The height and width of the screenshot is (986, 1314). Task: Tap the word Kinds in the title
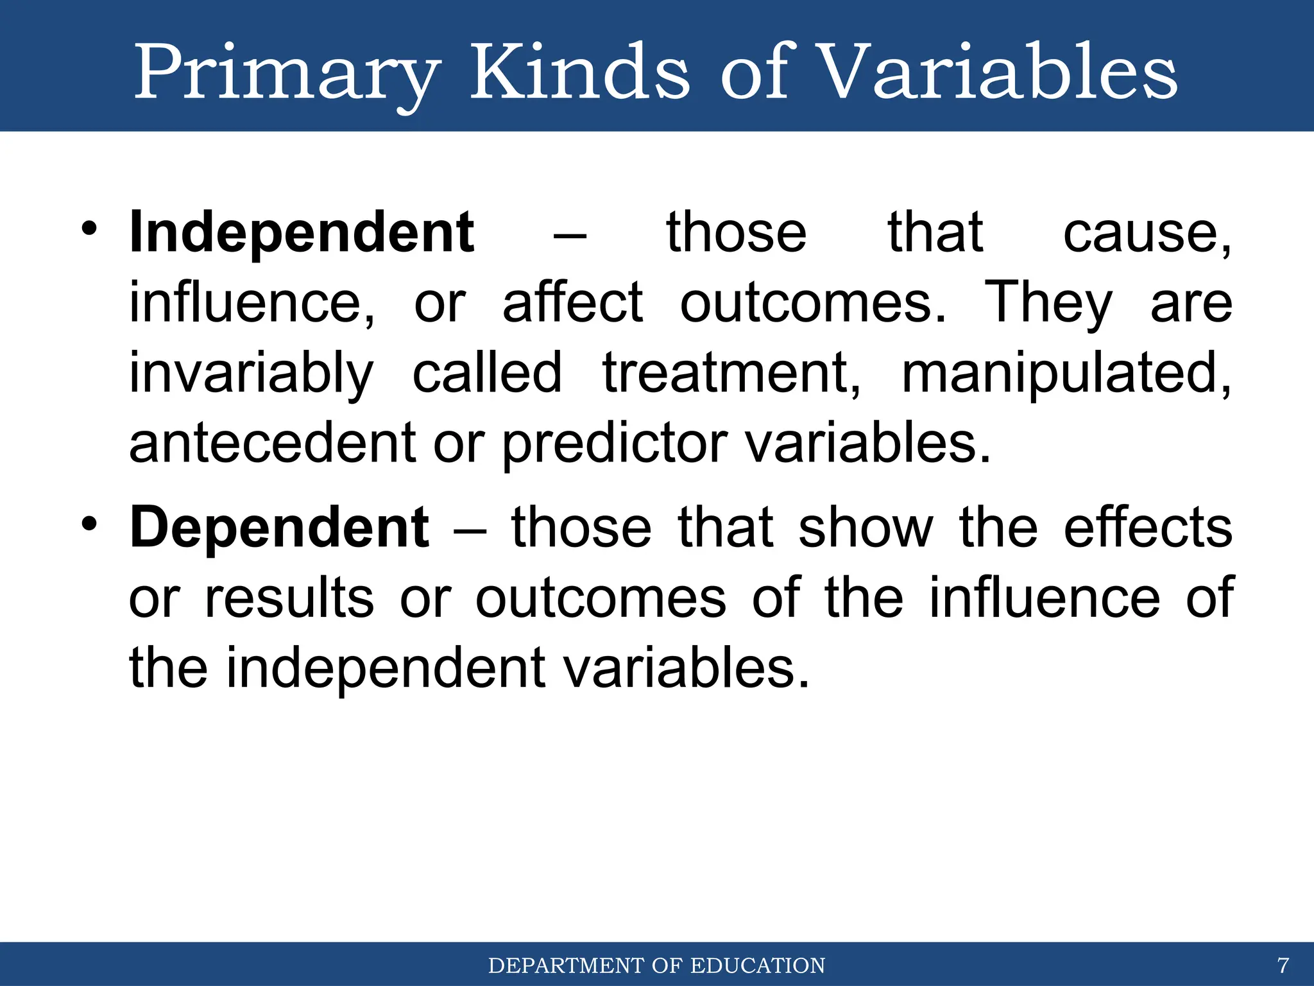(580, 72)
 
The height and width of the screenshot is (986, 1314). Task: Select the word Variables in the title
(998, 72)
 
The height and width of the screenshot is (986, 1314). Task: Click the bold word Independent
(302, 232)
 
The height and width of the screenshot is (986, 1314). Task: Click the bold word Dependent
(279, 528)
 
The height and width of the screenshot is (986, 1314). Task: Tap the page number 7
(1283, 965)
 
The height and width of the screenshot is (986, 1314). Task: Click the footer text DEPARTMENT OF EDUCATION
(656, 965)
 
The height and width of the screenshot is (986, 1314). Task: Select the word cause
(1146, 232)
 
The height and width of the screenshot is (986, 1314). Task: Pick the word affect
(572, 303)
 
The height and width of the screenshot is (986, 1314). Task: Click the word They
(1048, 303)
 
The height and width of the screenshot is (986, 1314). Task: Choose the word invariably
(251, 374)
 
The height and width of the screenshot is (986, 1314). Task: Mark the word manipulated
(1066, 374)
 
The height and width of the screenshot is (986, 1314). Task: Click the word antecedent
(273, 444)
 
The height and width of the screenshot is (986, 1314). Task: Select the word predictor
(614, 444)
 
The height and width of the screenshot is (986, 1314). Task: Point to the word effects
(1147, 528)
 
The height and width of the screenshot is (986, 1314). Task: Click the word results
(289, 598)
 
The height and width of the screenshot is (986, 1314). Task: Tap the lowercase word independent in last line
(386, 669)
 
